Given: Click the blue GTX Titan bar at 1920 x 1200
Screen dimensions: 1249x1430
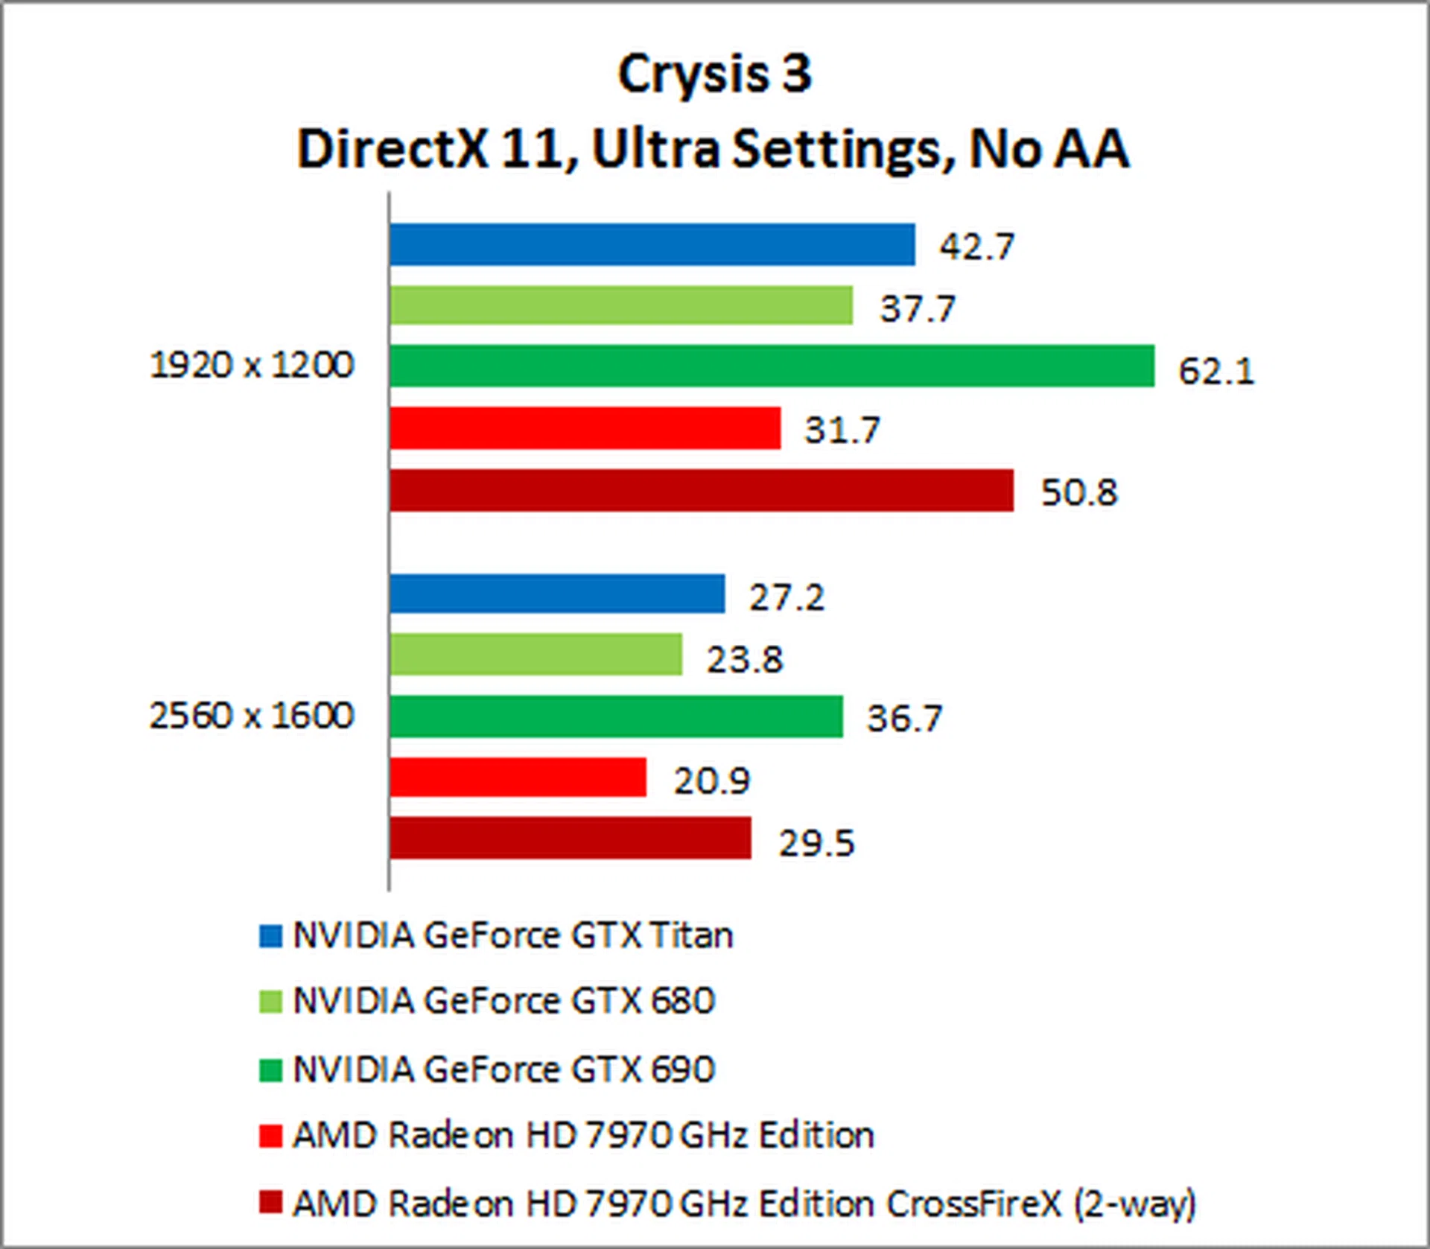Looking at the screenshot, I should click(x=652, y=244).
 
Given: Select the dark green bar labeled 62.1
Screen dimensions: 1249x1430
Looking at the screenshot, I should click(x=772, y=366).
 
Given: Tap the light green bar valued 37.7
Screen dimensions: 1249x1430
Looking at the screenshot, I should click(x=620, y=305).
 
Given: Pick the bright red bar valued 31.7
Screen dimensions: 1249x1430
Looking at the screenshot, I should click(x=585, y=428).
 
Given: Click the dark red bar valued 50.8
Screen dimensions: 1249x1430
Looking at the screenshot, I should click(x=701, y=490).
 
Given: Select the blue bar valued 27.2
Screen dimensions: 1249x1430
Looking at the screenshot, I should click(x=556, y=594).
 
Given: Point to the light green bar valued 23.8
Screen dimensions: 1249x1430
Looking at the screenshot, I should click(x=536, y=655).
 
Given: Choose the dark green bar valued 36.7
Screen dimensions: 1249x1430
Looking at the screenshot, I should click(x=616, y=716).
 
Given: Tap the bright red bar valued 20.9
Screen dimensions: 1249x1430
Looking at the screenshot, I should click(x=518, y=778).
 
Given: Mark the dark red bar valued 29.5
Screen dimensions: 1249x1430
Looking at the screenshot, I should click(x=570, y=838).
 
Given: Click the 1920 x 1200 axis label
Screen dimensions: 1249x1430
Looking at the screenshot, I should click(x=252, y=366).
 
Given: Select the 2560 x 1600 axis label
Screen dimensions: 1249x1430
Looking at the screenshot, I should click(x=252, y=716).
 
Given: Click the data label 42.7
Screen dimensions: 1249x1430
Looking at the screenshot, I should click(x=976, y=247).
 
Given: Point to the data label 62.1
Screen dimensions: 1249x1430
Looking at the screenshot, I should click(x=1216, y=371).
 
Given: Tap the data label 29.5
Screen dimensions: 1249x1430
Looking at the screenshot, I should click(x=816, y=844).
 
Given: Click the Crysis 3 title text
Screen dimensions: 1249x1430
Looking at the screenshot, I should click(x=714, y=74).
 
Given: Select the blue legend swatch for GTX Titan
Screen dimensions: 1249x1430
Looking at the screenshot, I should click(x=270, y=936).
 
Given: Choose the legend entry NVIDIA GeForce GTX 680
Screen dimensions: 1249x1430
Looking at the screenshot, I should click(x=503, y=1001).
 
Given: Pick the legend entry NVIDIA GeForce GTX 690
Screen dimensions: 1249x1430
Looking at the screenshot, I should click(x=503, y=1070).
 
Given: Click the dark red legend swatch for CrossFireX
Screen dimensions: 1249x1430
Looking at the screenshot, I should click(x=270, y=1202).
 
